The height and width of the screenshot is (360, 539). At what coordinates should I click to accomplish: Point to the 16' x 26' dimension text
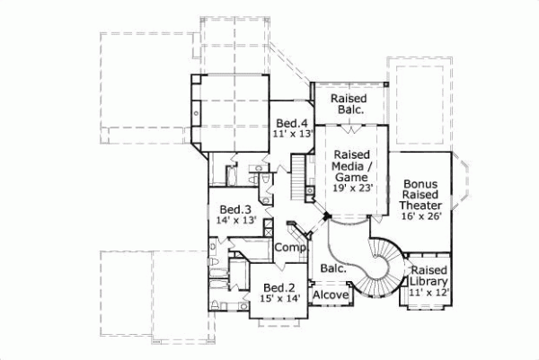pyautogui.click(x=420, y=215)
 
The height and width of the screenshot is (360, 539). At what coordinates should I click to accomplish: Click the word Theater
pyautogui.click(x=420, y=204)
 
